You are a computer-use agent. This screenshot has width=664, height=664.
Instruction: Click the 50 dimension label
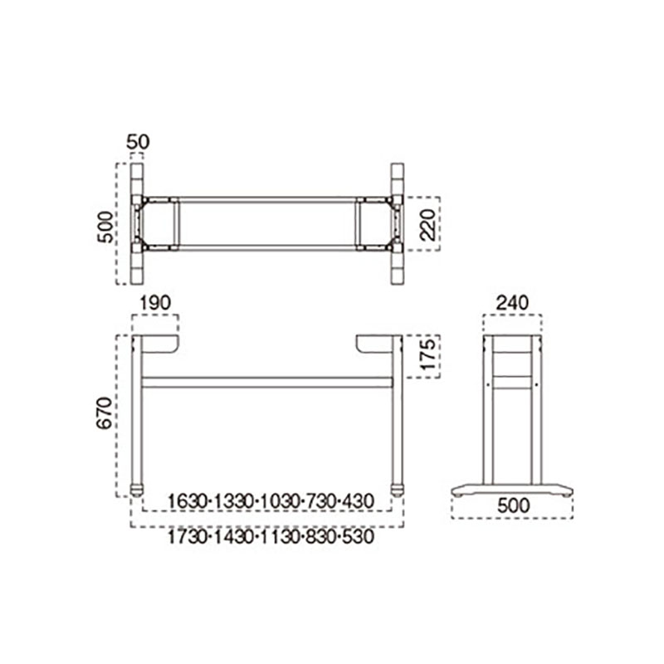(x=138, y=142)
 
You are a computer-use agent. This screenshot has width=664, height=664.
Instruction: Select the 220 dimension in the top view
(x=428, y=224)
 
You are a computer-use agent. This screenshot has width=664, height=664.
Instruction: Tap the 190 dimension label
(x=155, y=303)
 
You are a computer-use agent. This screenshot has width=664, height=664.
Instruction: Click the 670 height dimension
(x=105, y=413)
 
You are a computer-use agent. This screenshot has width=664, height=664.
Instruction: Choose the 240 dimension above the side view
(x=512, y=303)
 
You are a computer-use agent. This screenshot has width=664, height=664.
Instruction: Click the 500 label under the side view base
(x=513, y=505)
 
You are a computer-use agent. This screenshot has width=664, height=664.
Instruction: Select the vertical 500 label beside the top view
(x=106, y=227)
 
